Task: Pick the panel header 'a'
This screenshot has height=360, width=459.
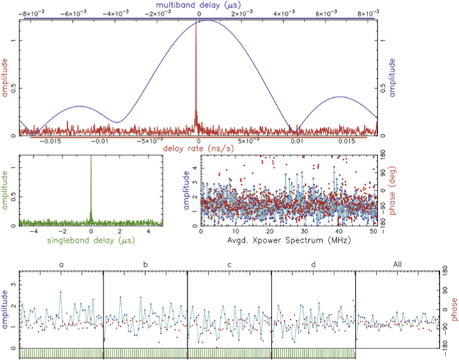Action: pos(61,264)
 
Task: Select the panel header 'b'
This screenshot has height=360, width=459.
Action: pos(145,264)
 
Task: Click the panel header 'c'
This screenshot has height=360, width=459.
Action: pos(229,264)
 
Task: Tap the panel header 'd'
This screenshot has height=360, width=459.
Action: pos(313,264)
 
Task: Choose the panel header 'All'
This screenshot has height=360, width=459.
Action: pos(396,264)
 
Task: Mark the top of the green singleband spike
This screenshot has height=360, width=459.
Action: pos(91,157)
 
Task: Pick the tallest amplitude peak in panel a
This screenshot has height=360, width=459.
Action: pos(61,292)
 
